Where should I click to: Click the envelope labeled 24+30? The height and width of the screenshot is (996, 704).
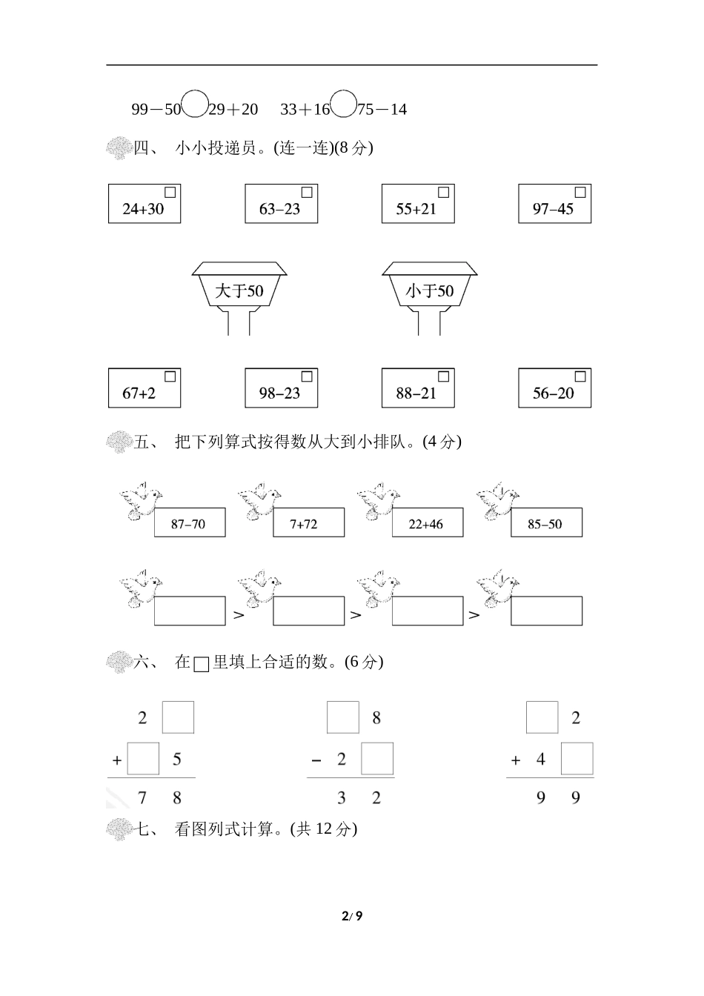[x=145, y=204]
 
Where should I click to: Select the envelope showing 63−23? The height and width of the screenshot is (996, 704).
[x=281, y=204]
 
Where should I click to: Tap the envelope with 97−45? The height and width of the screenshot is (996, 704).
[x=554, y=204]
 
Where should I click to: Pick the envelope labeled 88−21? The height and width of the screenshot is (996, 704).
[x=417, y=388]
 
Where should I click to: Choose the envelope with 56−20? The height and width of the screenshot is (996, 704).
[x=554, y=388]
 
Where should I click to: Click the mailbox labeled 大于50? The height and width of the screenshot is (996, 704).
[x=239, y=289]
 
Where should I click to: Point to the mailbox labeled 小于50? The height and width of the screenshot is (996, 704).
[x=430, y=289]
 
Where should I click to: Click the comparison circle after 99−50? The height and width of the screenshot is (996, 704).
[x=194, y=104]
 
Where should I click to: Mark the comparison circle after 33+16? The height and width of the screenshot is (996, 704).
[x=343, y=104]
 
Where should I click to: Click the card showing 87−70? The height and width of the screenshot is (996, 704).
[x=189, y=523]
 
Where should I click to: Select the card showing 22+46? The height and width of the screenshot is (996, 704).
[x=427, y=523]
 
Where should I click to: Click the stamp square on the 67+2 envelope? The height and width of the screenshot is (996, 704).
[x=170, y=376]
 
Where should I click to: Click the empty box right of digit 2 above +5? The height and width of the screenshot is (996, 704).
[x=178, y=717]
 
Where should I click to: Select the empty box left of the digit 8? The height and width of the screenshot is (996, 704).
[x=343, y=717]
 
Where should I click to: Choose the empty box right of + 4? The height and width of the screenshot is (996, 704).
[x=577, y=759]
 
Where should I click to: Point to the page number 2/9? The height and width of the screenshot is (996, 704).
[x=352, y=916]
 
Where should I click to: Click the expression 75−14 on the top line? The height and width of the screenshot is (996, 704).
[x=382, y=110]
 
